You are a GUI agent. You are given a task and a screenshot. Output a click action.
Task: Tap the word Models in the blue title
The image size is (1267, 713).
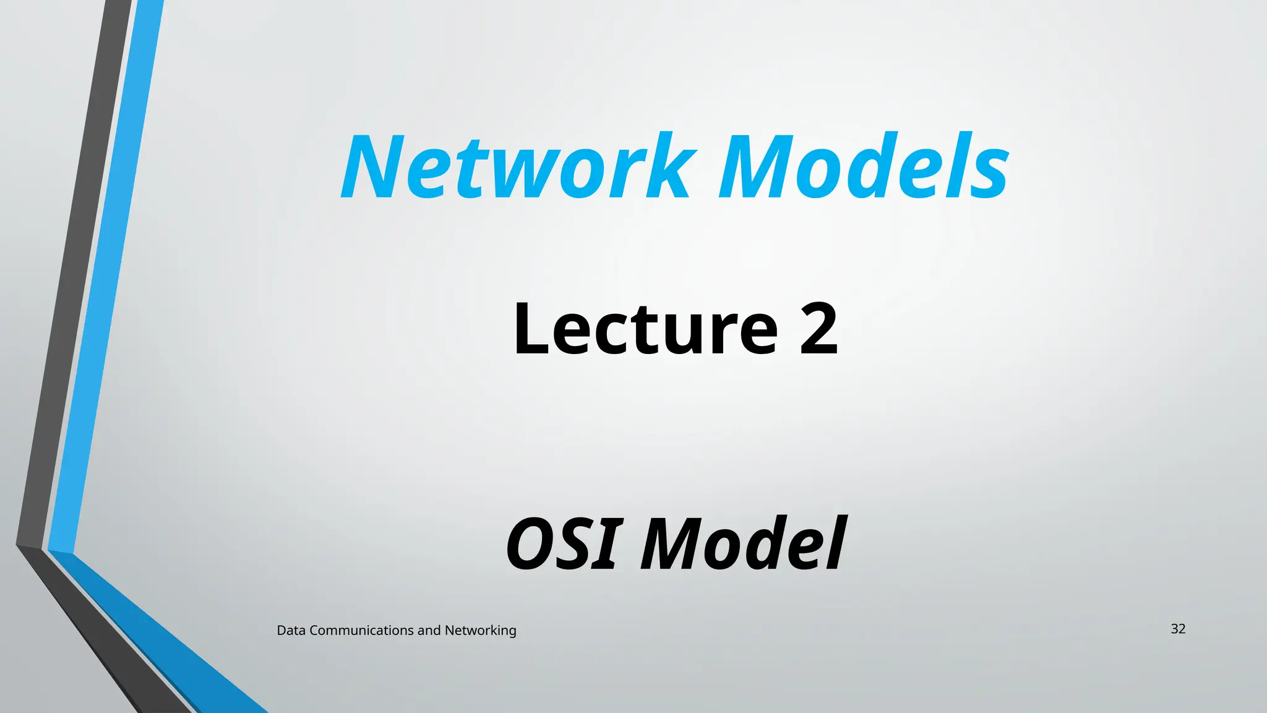[x=864, y=167]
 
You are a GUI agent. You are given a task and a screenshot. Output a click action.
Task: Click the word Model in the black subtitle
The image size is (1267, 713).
[x=743, y=545]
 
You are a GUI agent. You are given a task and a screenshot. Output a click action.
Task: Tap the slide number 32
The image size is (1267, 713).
[x=1178, y=629]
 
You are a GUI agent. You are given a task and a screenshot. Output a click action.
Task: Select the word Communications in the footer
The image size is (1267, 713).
[x=361, y=631]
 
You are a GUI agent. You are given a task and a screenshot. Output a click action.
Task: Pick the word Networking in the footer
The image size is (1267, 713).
[x=480, y=631]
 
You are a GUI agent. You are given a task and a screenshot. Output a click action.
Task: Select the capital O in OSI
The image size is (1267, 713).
[x=531, y=545]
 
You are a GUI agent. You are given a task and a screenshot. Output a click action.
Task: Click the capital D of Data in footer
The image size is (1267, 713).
[x=281, y=631]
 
